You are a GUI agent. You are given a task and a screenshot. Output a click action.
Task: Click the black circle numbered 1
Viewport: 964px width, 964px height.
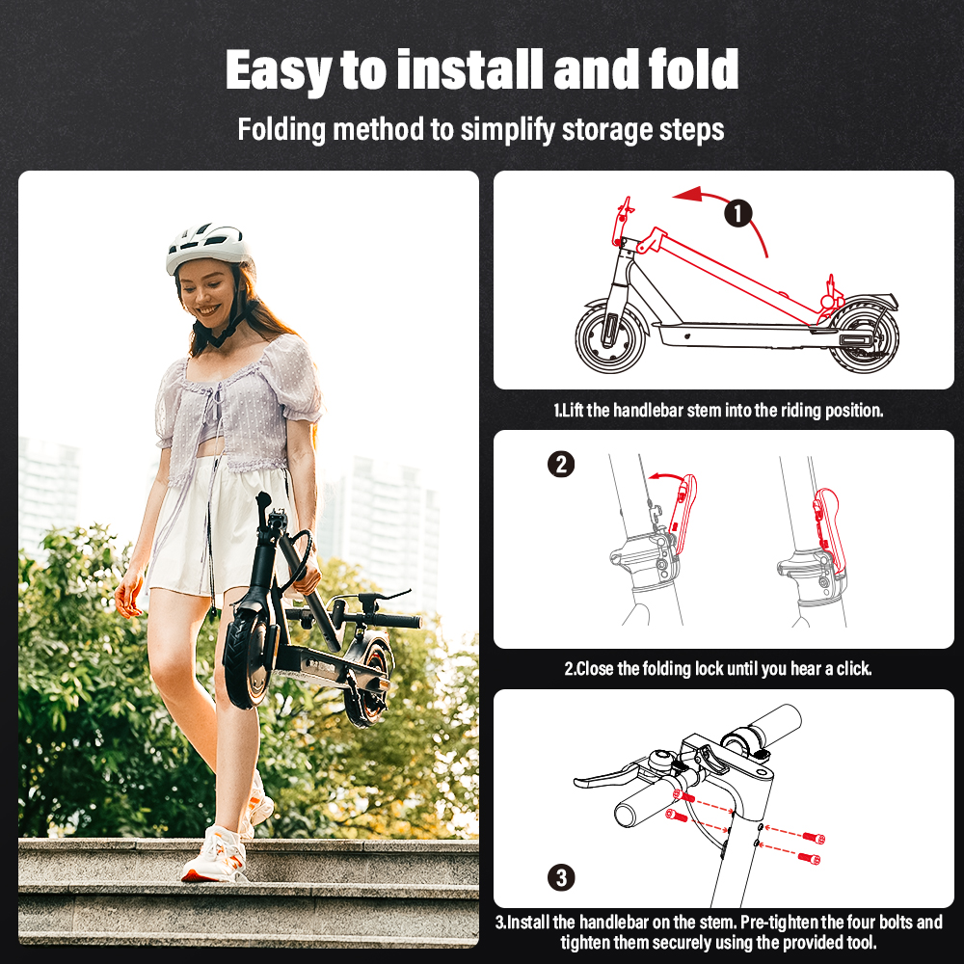click(737, 213)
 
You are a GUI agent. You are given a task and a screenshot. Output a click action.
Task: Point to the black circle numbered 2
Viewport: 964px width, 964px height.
click(561, 465)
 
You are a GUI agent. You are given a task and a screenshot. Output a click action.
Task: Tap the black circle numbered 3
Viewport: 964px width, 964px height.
click(561, 877)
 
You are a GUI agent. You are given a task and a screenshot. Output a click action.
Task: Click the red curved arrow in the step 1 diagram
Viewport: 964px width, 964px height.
click(732, 202)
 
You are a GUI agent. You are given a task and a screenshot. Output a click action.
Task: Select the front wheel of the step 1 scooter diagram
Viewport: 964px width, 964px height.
click(610, 338)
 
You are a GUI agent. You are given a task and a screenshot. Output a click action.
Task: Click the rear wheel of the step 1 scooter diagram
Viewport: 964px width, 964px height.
click(863, 336)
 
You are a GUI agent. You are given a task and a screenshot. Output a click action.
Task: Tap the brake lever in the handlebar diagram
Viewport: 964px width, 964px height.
click(607, 776)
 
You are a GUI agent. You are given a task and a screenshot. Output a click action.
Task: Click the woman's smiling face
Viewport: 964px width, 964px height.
click(208, 295)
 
